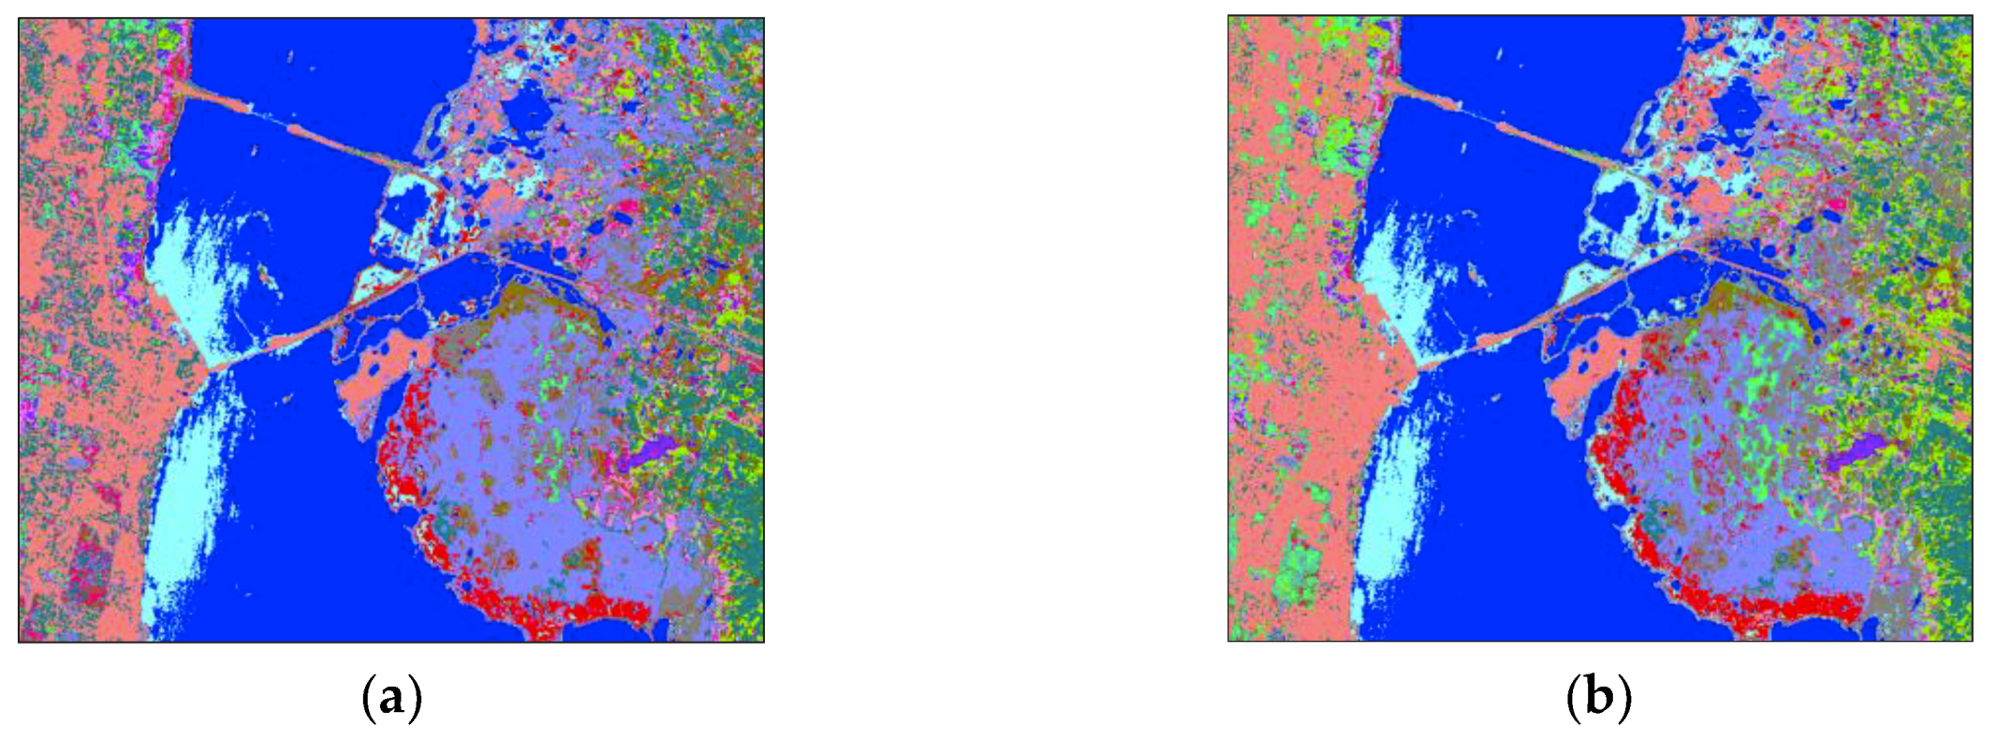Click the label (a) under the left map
[x=391, y=699]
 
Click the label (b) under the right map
[x=1599, y=699]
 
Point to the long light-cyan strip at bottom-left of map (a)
[x=187, y=525]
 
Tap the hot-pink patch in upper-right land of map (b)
[x=1830, y=203]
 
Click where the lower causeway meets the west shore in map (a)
[x=213, y=367]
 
